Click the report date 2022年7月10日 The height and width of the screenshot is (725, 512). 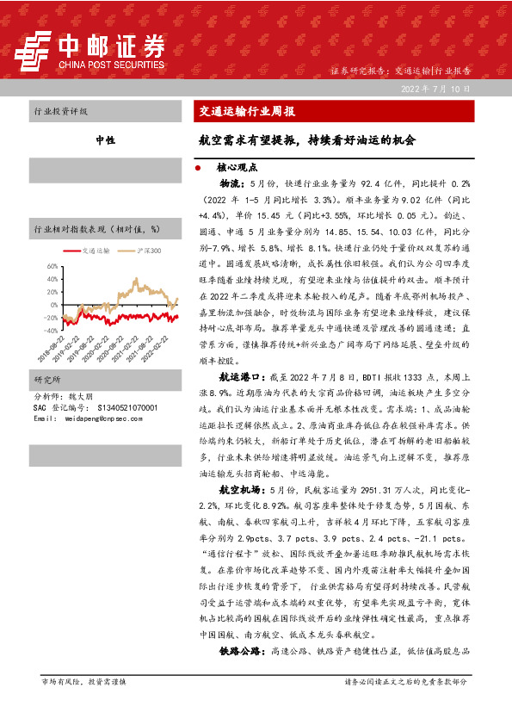coord(437,88)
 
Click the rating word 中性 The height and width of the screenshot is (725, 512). coord(105,139)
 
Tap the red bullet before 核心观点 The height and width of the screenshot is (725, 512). coord(200,169)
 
